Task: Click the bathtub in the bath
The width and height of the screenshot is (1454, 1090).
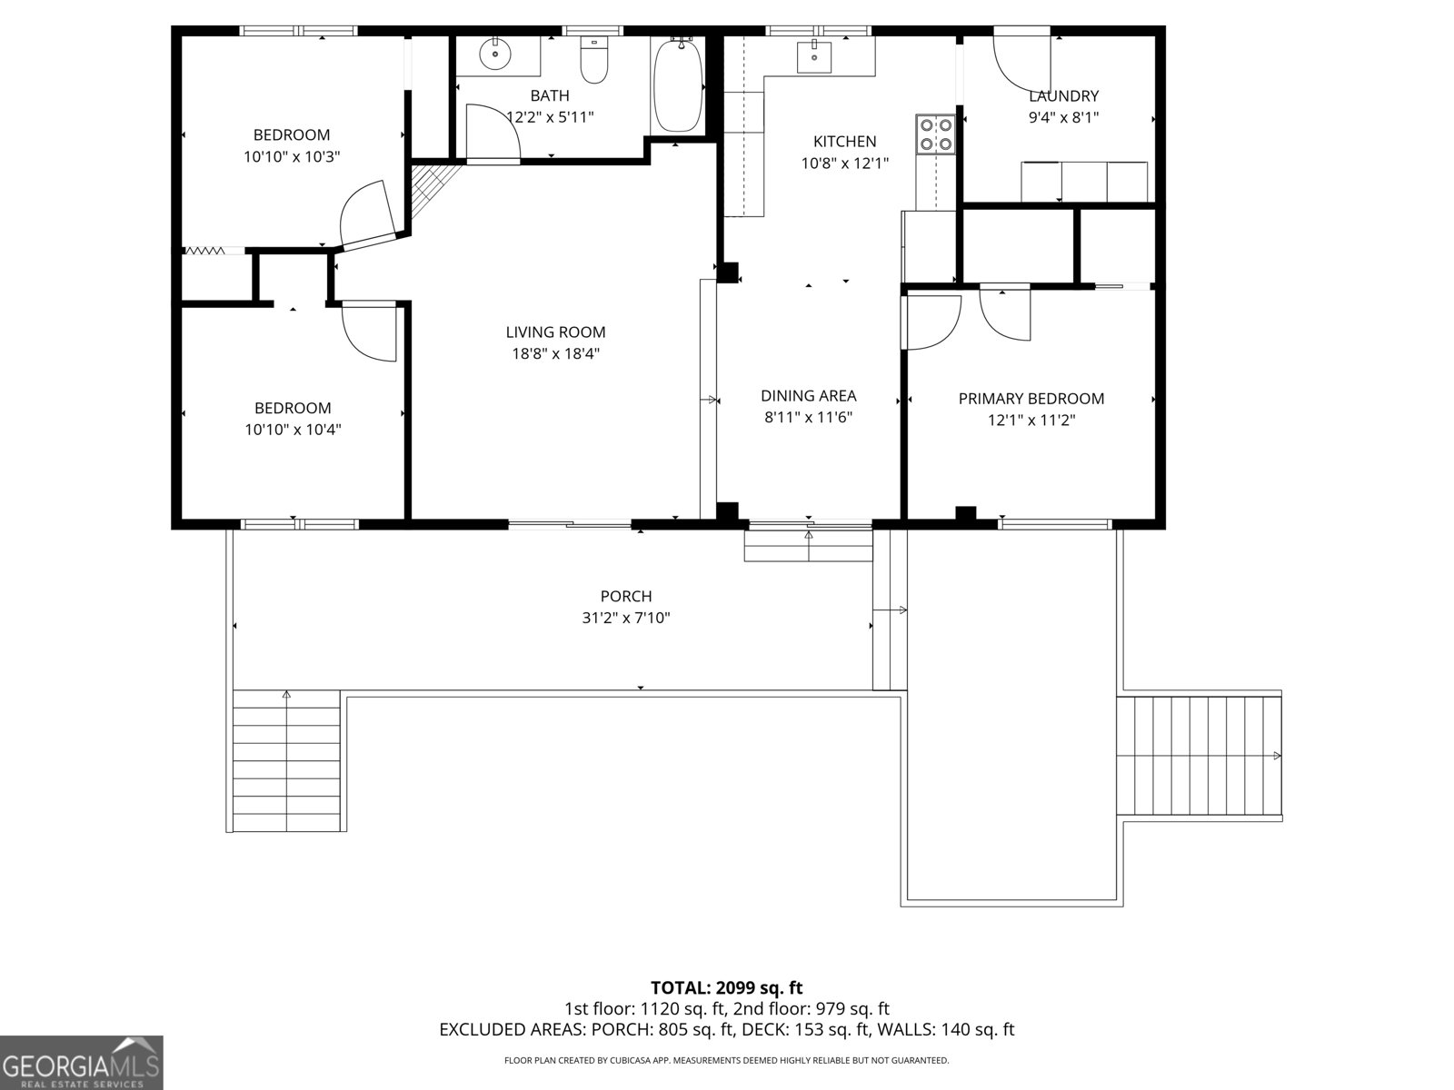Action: (x=677, y=86)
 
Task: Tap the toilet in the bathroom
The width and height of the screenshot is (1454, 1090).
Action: (x=593, y=61)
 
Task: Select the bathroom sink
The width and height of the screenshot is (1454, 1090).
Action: (x=495, y=55)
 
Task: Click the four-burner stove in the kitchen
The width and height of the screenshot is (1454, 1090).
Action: (x=935, y=134)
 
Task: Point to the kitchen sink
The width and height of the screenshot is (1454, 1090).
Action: (x=814, y=57)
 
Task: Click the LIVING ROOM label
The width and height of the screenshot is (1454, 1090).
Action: (x=555, y=332)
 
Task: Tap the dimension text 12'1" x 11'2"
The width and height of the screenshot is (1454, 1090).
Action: (x=1031, y=420)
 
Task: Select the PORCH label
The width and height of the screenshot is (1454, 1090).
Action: (x=626, y=597)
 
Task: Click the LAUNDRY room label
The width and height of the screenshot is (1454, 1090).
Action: (x=1063, y=96)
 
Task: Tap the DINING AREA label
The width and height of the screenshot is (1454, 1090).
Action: (x=808, y=396)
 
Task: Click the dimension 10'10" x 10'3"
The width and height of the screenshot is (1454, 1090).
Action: (x=291, y=156)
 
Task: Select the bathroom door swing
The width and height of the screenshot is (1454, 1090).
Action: (x=491, y=132)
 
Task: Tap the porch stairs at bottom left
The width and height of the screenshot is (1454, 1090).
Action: (x=286, y=761)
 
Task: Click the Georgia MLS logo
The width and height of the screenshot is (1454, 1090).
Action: (x=81, y=1062)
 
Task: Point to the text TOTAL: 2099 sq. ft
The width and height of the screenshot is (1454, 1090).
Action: (x=726, y=987)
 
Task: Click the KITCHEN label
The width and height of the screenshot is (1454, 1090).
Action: (x=844, y=142)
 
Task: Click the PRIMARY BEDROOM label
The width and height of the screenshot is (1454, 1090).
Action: (x=1031, y=399)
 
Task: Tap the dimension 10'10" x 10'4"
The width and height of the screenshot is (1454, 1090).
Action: (x=292, y=430)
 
